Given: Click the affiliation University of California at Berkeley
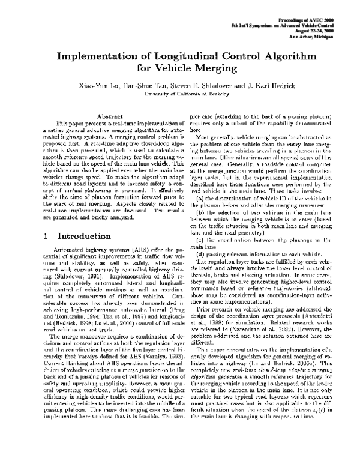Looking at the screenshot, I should click(180, 94).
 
